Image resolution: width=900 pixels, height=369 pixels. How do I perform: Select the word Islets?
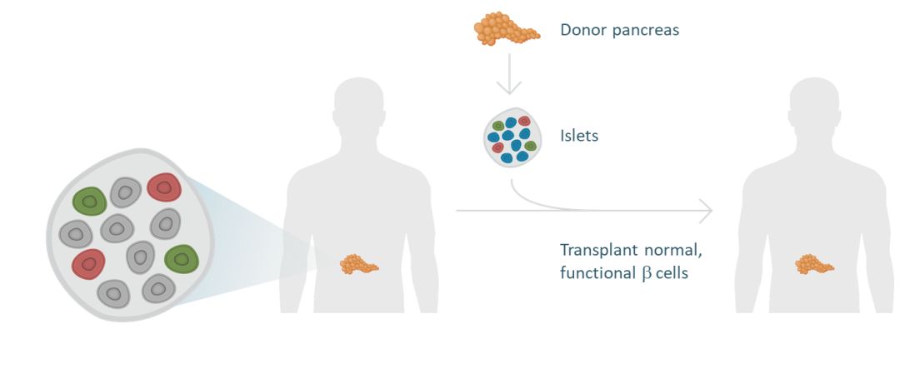click(579, 135)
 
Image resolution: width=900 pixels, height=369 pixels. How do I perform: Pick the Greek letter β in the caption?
click(647, 272)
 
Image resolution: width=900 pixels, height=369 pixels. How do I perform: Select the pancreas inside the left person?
click(359, 265)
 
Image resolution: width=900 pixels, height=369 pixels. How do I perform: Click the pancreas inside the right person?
click(814, 265)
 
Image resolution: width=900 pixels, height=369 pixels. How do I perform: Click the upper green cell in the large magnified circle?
click(89, 200)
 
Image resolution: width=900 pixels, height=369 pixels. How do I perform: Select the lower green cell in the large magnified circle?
click(182, 258)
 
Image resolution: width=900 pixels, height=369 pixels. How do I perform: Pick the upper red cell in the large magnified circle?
click(164, 187)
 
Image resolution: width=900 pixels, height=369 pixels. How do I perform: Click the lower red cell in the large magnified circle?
click(88, 264)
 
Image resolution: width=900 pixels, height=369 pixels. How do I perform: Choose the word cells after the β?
click(672, 272)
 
